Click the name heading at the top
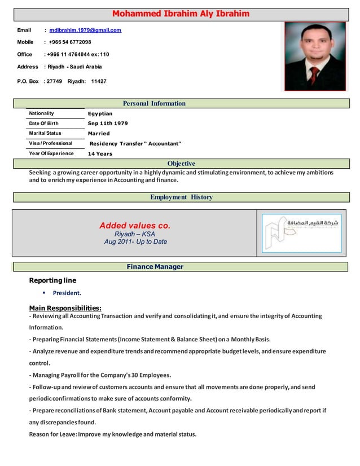click(x=181, y=14)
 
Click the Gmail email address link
click(x=85, y=30)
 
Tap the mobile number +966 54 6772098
click(x=70, y=42)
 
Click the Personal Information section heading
click(x=153, y=103)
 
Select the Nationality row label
click(x=42, y=113)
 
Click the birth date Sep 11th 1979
click(x=108, y=124)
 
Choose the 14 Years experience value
click(x=100, y=153)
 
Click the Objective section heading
click(x=181, y=164)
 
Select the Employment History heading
click(x=181, y=197)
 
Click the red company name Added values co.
click(x=134, y=226)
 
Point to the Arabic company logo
click(x=302, y=233)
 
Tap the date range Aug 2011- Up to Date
click(x=135, y=242)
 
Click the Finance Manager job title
click(x=155, y=267)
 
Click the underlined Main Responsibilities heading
click(x=65, y=308)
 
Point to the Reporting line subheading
click(x=52, y=280)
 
